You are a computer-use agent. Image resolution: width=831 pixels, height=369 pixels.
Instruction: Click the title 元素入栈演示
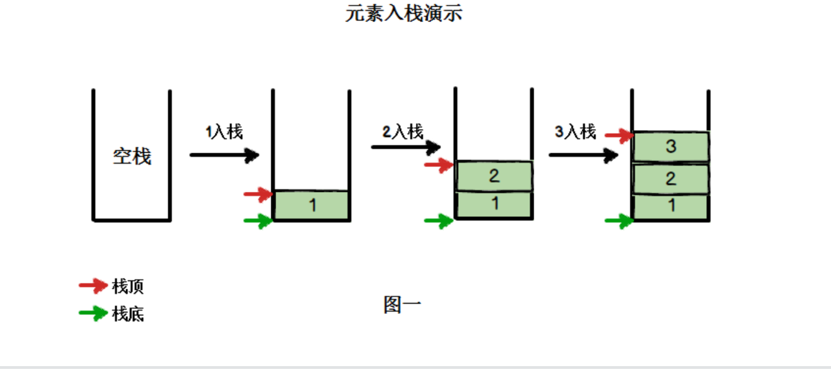coord(404,13)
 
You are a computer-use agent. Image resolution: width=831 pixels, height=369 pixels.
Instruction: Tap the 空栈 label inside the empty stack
coord(132,157)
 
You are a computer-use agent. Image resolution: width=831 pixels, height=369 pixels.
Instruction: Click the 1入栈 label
coord(224,132)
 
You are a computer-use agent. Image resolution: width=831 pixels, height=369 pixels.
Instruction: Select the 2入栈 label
coord(403,132)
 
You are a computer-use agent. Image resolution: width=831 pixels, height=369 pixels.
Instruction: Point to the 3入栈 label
coord(575,132)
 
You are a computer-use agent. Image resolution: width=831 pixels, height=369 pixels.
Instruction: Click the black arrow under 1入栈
coord(224,155)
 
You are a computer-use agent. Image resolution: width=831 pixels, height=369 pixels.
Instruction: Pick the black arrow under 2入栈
coord(405,147)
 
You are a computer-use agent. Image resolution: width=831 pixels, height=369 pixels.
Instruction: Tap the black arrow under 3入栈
coord(583,155)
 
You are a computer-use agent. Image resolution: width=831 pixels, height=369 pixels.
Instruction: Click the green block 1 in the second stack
coord(312,205)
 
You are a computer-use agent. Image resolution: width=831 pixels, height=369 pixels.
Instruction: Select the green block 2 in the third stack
coord(494,176)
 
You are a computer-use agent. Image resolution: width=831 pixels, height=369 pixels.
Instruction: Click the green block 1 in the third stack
coord(494,204)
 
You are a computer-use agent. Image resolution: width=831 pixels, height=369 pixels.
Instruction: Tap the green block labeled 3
coord(671,147)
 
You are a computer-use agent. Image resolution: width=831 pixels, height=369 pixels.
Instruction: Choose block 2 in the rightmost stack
coord(671,179)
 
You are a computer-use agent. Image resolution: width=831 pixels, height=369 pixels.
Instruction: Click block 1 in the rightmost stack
coord(671,206)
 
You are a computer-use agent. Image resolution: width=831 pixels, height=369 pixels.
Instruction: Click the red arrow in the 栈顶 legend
coord(93,285)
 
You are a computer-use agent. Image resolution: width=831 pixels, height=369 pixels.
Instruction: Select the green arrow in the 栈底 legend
coord(93,313)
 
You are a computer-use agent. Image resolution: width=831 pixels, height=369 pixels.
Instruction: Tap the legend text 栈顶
coord(128,287)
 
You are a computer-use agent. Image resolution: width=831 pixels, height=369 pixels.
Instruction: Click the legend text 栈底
coord(128,314)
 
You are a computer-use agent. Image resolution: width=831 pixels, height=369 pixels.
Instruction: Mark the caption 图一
coord(402,305)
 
